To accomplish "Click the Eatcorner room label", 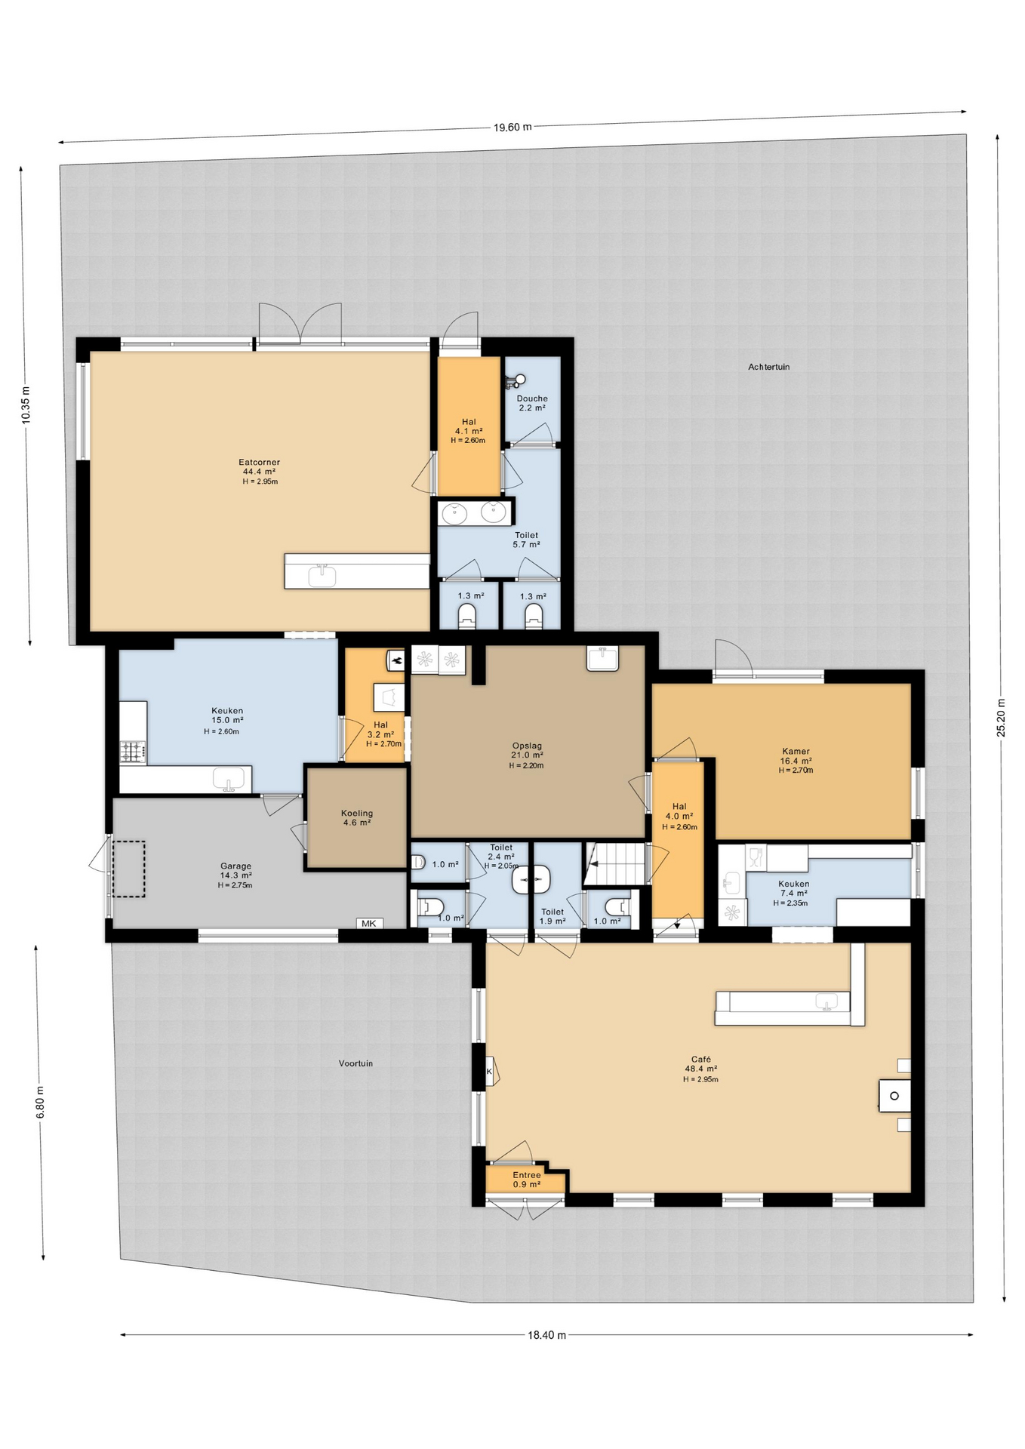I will (259, 471).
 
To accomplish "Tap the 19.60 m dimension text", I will (512, 127).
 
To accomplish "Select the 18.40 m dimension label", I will (546, 1334).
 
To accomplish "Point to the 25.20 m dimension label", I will (1001, 717).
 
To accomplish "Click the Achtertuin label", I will (768, 367).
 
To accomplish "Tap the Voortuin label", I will (356, 1063).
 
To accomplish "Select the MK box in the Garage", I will (368, 923).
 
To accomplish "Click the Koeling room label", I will (357, 817).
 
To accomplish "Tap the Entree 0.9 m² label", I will (526, 1180).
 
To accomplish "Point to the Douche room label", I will (532, 402).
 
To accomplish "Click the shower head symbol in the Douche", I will (519, 380).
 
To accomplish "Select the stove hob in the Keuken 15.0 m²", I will (133, 751).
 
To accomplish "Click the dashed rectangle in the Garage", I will (128, 869).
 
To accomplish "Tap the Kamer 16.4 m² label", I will (796, 760).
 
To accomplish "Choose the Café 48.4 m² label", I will (700, 1069).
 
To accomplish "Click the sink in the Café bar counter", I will (826, 1003).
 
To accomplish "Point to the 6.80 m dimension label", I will (40, 1102).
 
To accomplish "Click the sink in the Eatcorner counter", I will (322, 574).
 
